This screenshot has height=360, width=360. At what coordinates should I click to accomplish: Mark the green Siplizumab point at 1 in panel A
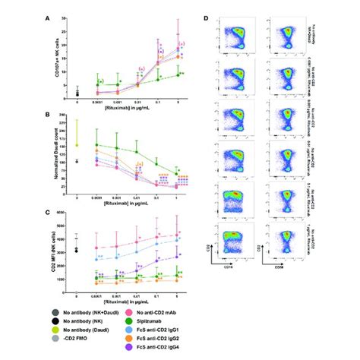(x=178, y=74)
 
